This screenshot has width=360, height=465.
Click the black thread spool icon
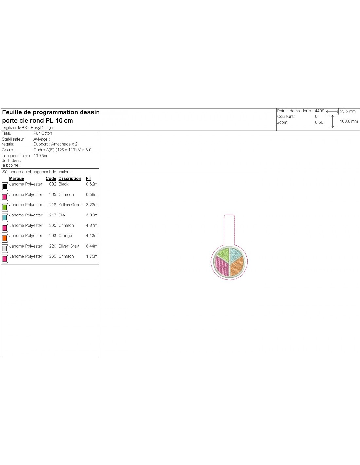[5, 187]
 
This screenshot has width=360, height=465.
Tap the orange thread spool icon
[5, 238]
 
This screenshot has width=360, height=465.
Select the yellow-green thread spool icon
[5, 207]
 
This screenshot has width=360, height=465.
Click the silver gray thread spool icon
[5, 249]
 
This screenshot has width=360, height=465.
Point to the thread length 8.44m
[92, 246]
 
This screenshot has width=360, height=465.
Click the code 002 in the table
[53, 184]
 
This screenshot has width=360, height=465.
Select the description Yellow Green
[70, 205]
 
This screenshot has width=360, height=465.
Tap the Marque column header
[16, 179]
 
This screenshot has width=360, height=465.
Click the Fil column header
[88, 179]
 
